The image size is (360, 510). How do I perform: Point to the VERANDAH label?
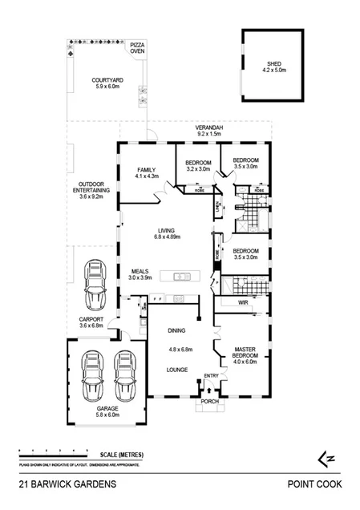tap(209, 128)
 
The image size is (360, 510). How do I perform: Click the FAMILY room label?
tap(146, 170)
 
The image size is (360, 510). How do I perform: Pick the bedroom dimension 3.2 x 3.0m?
tap(198, 170)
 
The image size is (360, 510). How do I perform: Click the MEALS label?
tap(140, 271)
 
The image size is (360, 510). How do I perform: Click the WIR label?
tap(244, 304)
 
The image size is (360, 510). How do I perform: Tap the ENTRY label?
tap(211, 376)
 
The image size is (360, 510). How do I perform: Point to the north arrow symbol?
tap(326, 458)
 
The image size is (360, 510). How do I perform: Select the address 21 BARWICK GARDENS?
tap(68, 484)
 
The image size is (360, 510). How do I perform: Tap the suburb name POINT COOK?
tap(314, 484)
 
